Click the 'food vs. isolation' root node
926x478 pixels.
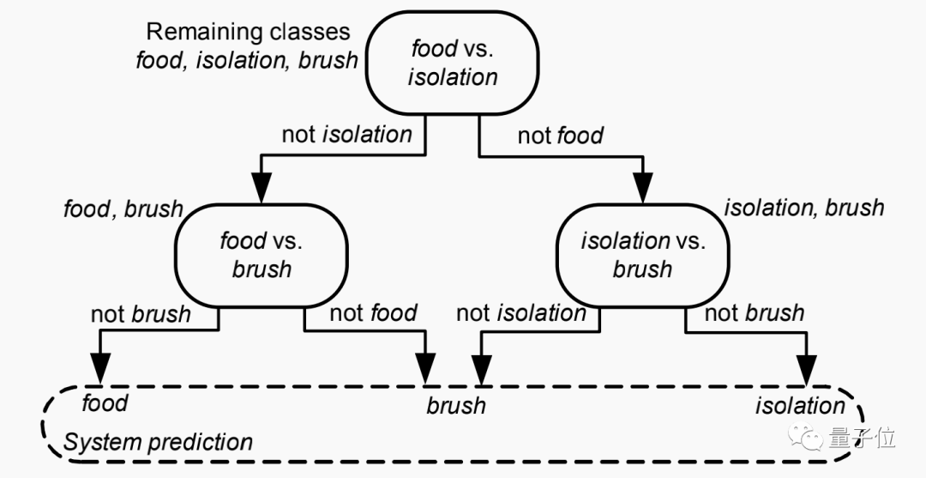452,62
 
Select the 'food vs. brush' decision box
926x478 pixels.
262,254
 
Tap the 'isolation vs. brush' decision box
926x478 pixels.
642,254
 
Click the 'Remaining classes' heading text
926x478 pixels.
249,32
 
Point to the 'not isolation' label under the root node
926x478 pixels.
346,134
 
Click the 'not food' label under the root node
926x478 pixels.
561,135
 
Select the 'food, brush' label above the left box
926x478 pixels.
123,209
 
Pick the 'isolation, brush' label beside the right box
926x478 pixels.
803,208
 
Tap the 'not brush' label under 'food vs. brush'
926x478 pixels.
141,313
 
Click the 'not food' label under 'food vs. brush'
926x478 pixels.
373,312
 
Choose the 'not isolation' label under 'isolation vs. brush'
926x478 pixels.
521,312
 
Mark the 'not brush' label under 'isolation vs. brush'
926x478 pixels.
755,312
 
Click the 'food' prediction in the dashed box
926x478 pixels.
105,402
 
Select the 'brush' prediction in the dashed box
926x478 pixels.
456,405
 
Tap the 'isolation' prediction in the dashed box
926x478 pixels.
800,405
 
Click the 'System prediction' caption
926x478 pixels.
158,443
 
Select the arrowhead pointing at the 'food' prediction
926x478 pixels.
100,370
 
